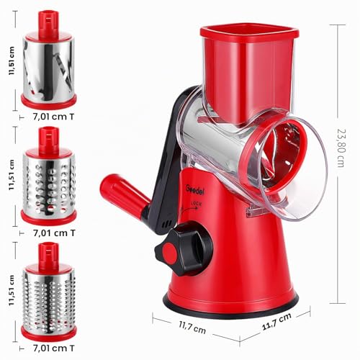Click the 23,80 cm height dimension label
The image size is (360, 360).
pos(341,148)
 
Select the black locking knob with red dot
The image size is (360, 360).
pos(184,249)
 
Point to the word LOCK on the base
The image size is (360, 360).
pos(197,204)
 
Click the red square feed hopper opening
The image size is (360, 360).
pos(249,33)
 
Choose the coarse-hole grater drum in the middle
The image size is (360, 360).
pos(49,176)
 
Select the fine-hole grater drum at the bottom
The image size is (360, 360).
pos(49,292)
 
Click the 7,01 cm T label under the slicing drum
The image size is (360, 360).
pos(53,117)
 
